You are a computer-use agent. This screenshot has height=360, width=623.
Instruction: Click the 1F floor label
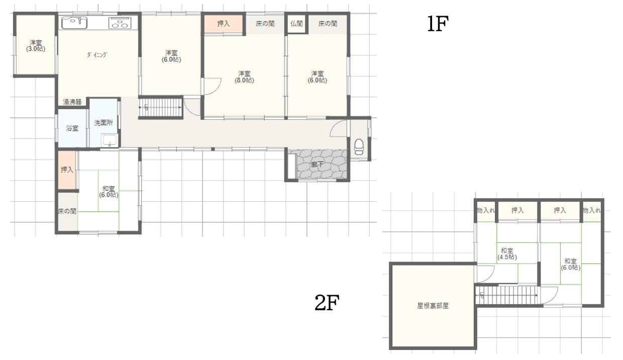coord(437,24)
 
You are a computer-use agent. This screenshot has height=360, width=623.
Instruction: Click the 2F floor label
coord(327,303)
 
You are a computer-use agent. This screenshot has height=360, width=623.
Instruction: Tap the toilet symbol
coord(359,146)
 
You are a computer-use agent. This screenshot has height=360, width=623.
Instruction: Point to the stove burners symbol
coord(120,23)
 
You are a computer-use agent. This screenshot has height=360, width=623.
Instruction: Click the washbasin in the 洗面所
coord(109,140)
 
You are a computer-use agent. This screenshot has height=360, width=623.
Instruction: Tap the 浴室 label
coord(72,128)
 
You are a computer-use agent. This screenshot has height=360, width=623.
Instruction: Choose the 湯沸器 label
coord(72,102)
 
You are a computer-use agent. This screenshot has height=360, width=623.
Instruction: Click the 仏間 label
coord(296,24)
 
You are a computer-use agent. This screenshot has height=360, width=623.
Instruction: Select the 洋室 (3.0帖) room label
coord(35,46)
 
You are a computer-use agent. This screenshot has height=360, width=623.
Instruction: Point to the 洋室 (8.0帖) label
coord(244,76)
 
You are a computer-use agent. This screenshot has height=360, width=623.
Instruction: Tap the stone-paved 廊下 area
coord(322,164)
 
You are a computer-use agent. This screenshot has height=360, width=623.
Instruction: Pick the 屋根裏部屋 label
coord(433,305)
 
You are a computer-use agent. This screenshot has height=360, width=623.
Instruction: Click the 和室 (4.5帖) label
coord(507,253)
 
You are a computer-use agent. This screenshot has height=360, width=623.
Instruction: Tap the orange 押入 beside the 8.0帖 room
coord(224,24)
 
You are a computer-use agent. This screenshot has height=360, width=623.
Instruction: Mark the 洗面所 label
coord(103,123)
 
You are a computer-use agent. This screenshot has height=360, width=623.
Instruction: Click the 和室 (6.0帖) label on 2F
coord(570,264)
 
